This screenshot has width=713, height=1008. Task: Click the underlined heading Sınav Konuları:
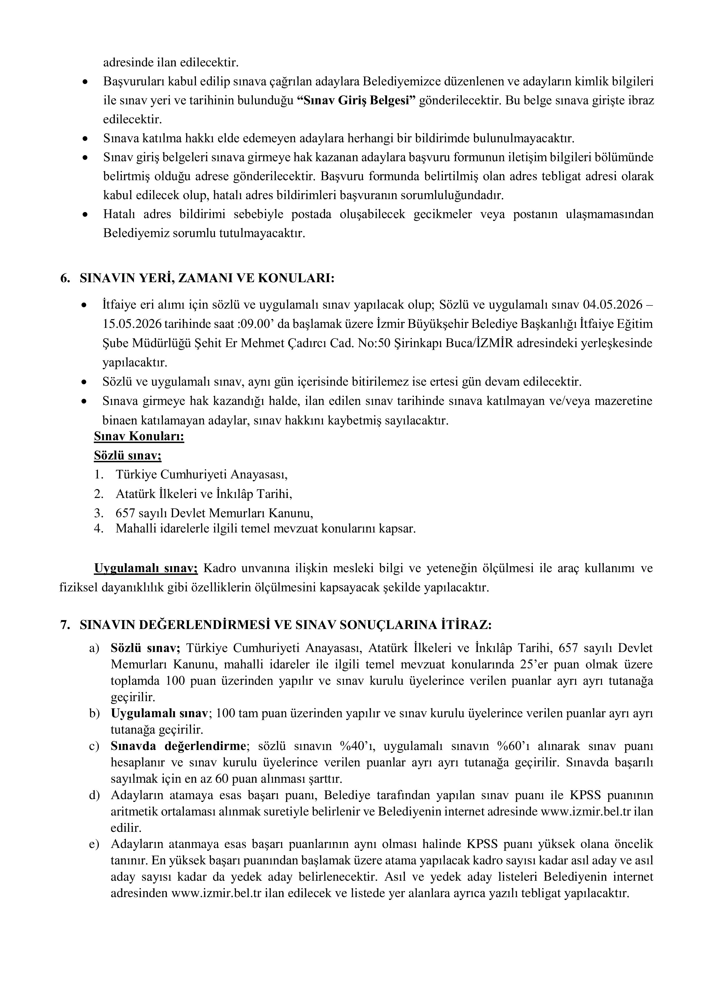[x=139, y=437]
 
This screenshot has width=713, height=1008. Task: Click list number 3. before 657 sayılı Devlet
[x=99, y=513]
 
